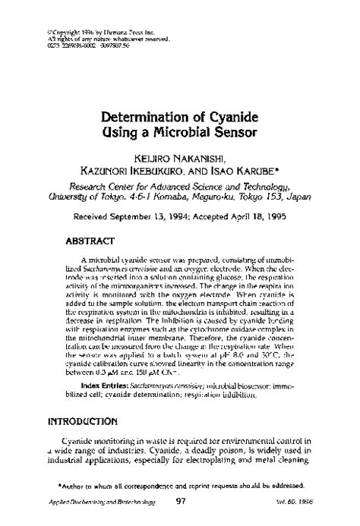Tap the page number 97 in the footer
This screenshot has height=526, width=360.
pos(180,501)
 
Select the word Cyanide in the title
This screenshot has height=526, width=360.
pos(231,118)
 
